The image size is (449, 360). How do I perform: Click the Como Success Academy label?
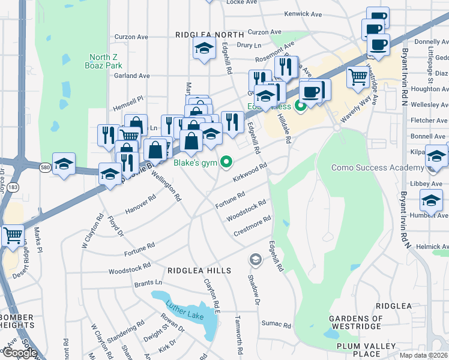tap(373, 167)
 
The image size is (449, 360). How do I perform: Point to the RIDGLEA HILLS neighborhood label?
tap(199, 271)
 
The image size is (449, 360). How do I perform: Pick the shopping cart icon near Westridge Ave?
tap(357, 76)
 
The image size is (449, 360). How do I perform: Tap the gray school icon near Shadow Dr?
tap(255, 259)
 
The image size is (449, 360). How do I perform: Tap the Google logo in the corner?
tap(19, 353)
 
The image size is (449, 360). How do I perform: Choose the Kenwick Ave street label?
tap(303, 13)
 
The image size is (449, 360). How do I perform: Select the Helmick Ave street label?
tap(431, 247)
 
